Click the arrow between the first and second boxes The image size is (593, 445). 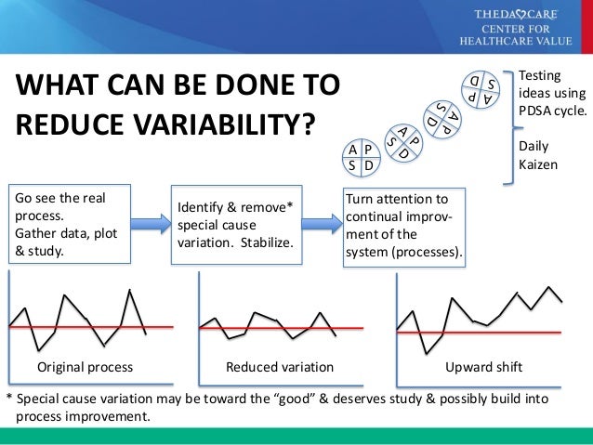pyautogui.click(x=152, y=223)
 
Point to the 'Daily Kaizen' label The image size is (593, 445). pyautogui.click(x=534, y=155)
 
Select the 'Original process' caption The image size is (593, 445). pyautogui.click(x=85, y=368)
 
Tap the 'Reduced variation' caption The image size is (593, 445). pyautogui.click(x=280, y=368)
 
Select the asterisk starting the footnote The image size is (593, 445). pyautogui.click(x=9, y=398)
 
